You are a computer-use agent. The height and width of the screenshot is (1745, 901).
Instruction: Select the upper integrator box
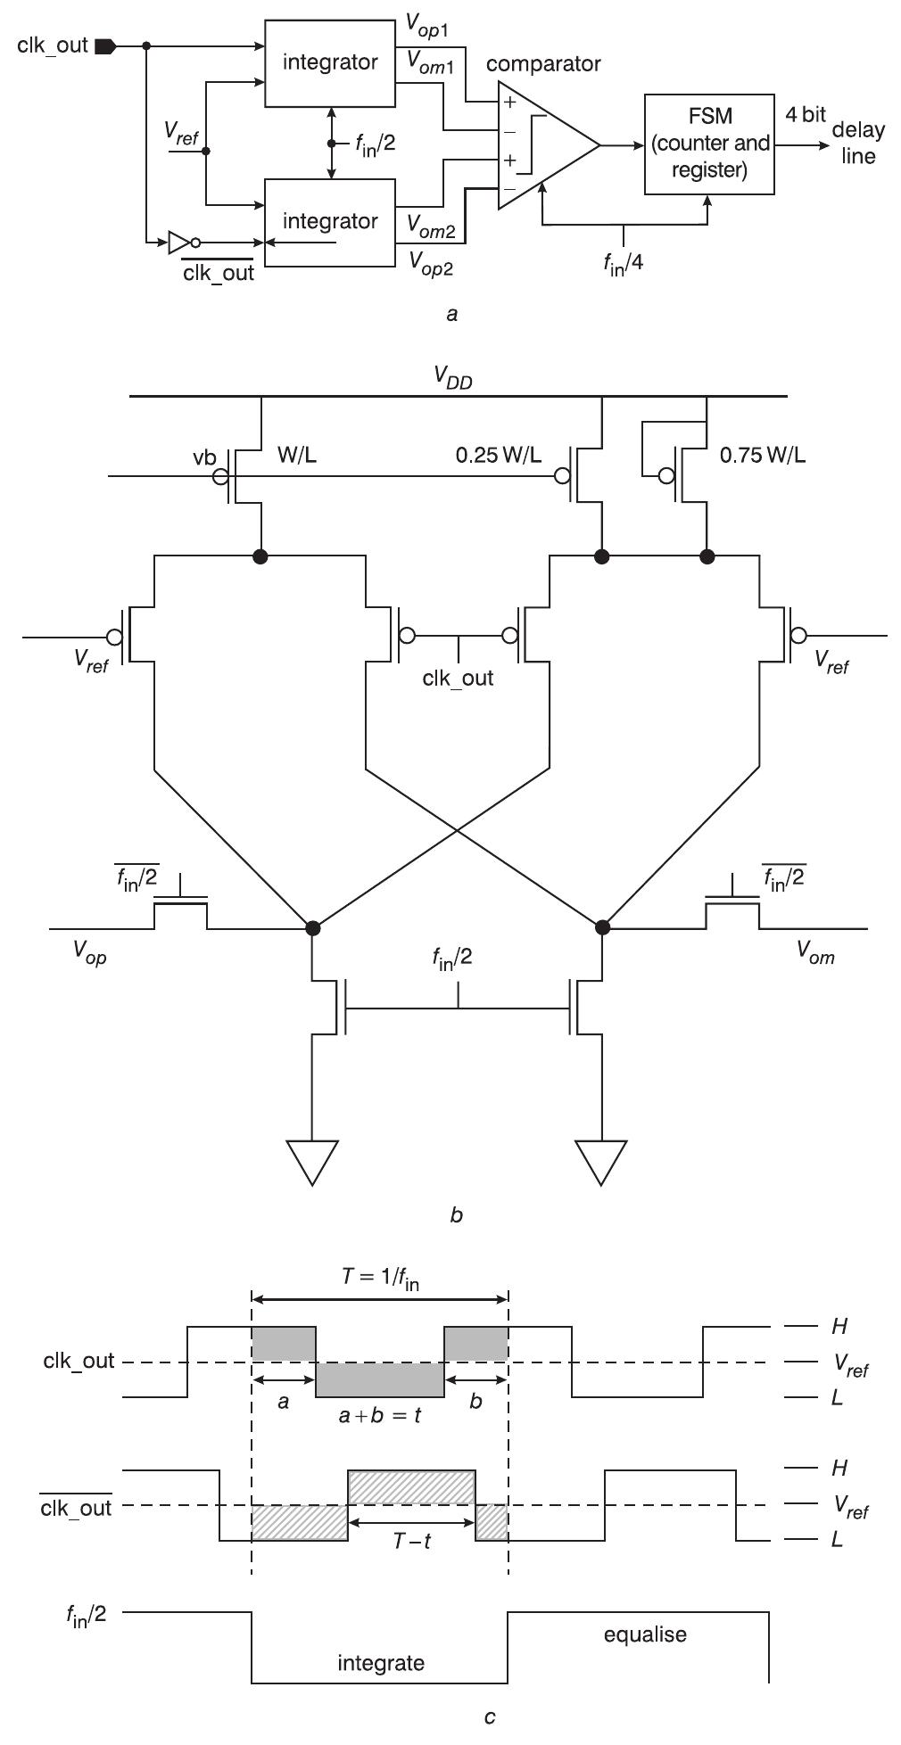coord(330,62)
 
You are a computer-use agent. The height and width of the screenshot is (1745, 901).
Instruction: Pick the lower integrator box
coord(330,221)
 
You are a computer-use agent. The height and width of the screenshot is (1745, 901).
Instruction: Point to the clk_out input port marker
coord(104,45)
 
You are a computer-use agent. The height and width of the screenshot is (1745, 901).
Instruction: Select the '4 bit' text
coord(805,115)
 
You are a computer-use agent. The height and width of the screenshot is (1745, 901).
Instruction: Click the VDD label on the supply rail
coord(453,377)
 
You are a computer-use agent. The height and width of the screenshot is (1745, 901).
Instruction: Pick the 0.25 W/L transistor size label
coord(498,456)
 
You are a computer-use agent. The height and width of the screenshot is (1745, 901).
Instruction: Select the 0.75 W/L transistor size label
coord(763,456)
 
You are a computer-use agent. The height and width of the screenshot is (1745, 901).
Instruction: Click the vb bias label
coord(204,457)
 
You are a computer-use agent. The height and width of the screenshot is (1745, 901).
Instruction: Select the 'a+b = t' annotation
coord(380,1414)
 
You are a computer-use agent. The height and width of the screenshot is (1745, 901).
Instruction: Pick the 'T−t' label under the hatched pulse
coord(412,1540)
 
